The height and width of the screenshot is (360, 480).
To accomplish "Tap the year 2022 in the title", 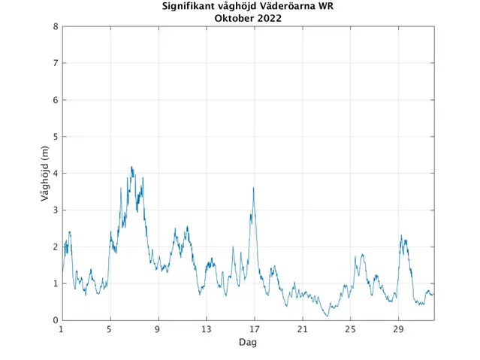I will (x=269, y=19).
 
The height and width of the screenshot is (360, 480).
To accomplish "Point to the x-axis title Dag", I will (x=248, y=342).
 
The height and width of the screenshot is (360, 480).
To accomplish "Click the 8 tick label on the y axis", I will (x=55, y=27).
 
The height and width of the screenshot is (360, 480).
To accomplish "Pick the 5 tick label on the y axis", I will (x=55, y=137).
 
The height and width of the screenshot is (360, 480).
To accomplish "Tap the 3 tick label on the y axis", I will (x=55, y=210).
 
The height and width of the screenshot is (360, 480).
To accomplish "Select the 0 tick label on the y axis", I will (x=55, y=321).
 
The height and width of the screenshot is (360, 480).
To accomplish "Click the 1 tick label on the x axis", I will (x=62, y=330).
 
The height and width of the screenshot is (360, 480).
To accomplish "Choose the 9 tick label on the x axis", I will (x=158, y=330).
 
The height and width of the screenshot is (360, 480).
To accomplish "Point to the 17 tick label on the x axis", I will (x=254, y=330).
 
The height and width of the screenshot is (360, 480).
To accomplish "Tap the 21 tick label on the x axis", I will (x=302, y=330).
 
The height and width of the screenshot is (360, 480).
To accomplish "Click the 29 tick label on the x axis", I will (x=398, y=330).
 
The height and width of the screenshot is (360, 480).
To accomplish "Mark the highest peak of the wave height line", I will (x=131, y=167).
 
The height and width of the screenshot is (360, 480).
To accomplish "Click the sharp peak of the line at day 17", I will (x=254, y=188).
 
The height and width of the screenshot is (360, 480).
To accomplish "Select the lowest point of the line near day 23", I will (x=328, y=316).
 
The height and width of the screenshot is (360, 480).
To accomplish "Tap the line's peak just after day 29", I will (x=402, y=236).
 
